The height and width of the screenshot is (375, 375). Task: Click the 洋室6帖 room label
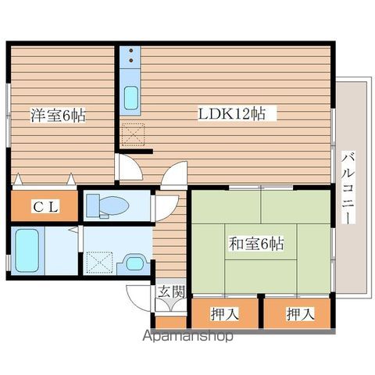(x=59, y=115)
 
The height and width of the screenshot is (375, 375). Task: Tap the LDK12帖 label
(x=232, y=113)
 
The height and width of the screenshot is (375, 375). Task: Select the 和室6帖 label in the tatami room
(x=256, y=243)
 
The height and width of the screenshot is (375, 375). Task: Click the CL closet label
(x=45, y=206)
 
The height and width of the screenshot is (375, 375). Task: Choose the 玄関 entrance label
(x=172, y=291)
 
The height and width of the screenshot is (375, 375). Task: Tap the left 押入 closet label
(x=225, y=313)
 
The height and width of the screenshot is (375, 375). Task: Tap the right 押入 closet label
(x=300, y=313)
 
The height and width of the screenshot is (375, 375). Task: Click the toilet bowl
(x=115, y=205)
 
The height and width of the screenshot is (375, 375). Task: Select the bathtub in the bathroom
(x=27, y=250)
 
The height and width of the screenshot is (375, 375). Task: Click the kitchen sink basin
(x=130, y=98)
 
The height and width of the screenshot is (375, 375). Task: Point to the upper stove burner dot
(x=131, y=50)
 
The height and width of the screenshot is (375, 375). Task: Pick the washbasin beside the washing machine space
(x=134, y=263)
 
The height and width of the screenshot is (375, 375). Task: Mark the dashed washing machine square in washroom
(x=99, y=262)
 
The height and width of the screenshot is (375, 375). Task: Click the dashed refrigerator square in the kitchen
(x=133, y=134)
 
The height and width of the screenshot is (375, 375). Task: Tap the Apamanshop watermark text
(x=187, y=336)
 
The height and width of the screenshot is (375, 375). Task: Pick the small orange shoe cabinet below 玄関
(x=171, y=323)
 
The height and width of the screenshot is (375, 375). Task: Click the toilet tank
(x=92, y=205)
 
